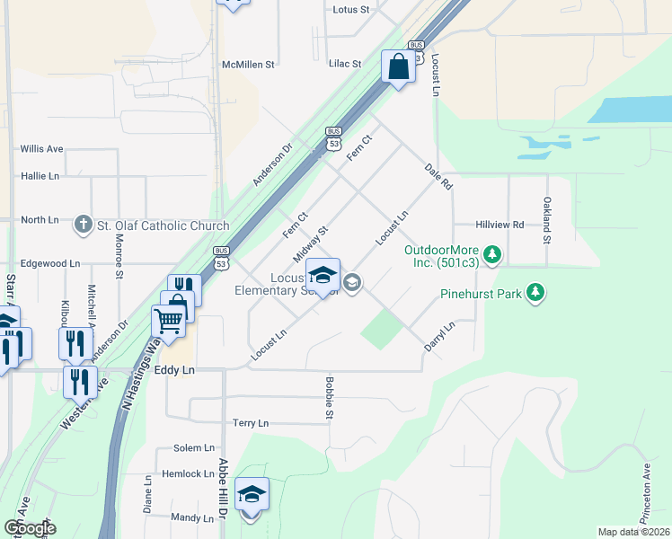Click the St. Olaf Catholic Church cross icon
[x=84, y=223]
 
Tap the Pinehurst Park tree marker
[x=535, y=293]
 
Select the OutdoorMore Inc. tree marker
[x=491, y=255]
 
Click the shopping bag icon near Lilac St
[x=397, y=66]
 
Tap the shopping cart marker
[x=168, y=319]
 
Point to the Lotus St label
[x=351, y=10]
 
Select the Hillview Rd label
[x=500, y=225]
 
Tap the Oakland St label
[x=545, y=221]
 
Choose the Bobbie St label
[x=329, y=399]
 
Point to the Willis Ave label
[x=41, y=148]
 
